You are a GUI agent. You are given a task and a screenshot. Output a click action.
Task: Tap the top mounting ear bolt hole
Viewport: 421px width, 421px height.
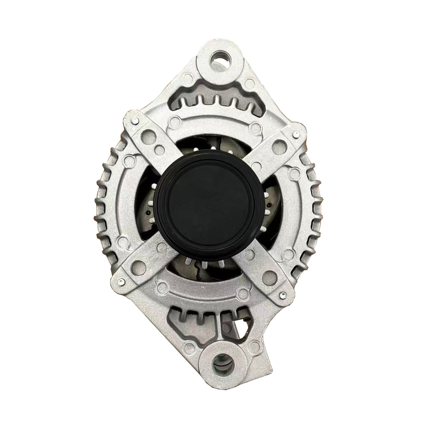pyautogui.click(x=220, y=62)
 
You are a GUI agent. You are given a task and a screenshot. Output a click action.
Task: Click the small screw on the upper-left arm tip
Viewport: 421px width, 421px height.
pyautogui.click(x=135, y=122)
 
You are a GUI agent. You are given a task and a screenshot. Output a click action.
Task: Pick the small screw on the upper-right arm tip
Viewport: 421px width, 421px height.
pyautogui.click(x=296, y=135)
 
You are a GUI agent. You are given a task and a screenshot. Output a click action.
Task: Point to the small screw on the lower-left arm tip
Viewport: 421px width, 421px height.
pyautogui.click(x=121, y=282)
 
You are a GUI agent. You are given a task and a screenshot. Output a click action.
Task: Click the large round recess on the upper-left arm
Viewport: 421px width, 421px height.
pyautogui.click(x=149, y=137)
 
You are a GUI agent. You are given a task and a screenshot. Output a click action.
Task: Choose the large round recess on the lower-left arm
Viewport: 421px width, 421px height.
pyautogui.click(x=138, y=268)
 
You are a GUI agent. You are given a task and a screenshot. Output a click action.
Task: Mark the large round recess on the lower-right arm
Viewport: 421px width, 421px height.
pyautogui.click(x=269, y=278)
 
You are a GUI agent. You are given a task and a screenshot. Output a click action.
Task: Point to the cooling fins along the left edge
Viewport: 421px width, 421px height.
pyautogui.click(x=105, y=205)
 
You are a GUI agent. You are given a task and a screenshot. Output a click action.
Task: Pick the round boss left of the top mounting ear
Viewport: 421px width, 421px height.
pyautogui.click(x=187, y=79)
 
